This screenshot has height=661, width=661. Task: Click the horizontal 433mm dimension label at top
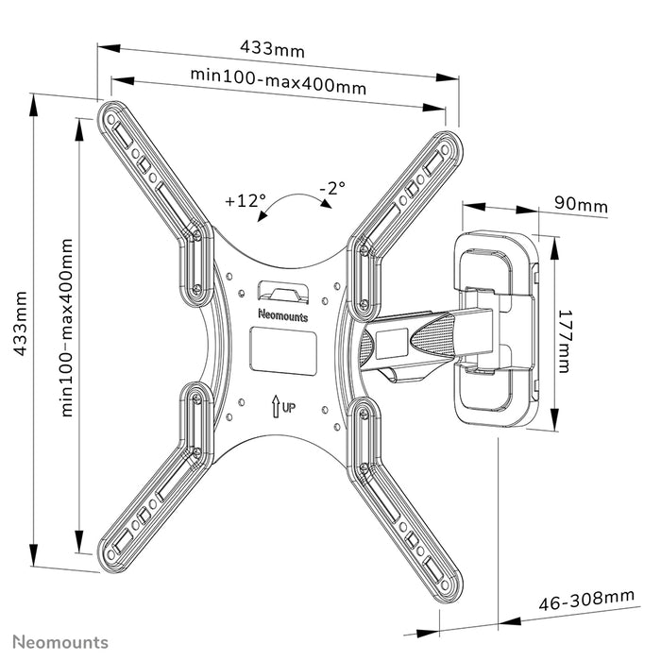272,48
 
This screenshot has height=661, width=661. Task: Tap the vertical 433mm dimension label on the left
20,323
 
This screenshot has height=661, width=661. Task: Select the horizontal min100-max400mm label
279,80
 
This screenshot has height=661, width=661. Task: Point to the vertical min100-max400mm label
67,328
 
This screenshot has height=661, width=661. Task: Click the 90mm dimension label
581,205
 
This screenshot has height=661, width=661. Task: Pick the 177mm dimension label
564,342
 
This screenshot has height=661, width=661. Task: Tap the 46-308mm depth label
586,600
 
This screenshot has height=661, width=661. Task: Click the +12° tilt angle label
246,200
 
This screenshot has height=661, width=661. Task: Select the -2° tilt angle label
332,188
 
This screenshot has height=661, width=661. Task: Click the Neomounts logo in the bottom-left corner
60,642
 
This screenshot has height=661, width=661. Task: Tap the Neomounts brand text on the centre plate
283,315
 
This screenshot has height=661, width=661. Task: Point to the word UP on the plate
289,408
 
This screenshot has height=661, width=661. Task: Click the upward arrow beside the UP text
276,406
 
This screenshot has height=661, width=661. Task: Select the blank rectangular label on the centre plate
283,350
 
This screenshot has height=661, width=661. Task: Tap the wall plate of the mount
496,329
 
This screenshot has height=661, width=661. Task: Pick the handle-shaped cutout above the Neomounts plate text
283,292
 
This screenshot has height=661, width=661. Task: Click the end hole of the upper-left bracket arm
110,120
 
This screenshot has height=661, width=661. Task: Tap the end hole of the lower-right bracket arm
445,585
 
